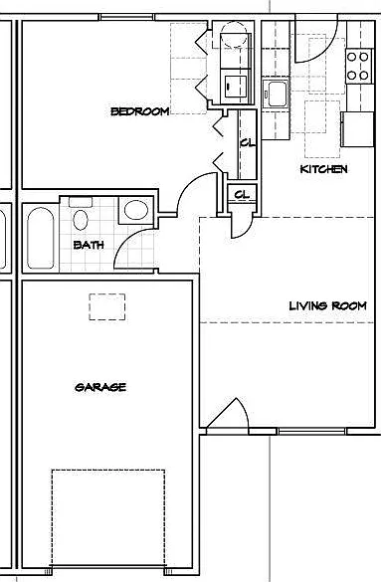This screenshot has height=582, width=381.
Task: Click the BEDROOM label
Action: [x=140, y=111]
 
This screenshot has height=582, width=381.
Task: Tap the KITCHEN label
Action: [x=323, y=169]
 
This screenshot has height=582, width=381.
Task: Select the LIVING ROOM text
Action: [x=327, y=305]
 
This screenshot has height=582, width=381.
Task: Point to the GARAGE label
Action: [x=100, y=387]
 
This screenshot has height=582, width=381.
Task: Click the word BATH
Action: [x=89, y=245]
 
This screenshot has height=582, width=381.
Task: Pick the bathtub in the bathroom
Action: [x=40, y=238]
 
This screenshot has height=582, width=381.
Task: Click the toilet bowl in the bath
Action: [x=81, y=220]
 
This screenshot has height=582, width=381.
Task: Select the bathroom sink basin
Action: [x=136, y=210]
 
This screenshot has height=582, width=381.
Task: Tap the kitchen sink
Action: [x=276, y=94]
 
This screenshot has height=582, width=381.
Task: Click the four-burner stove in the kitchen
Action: [x=358, y=67]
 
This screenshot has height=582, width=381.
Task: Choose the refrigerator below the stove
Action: [x=357, y=129]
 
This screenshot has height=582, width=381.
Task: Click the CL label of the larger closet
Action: [x=248, y=143]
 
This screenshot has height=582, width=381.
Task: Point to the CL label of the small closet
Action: [x=242, y=194]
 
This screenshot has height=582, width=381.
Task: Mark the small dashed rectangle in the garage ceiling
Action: [x=106, y=306]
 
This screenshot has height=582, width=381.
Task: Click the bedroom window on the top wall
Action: [x=126, y=17]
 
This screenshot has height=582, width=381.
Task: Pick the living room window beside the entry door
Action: [x=311, y=431]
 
